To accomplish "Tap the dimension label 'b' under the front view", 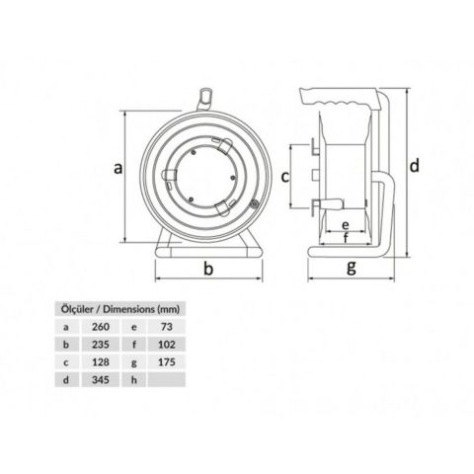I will pyautogui.click(x=208, y=269).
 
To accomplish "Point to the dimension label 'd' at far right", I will pyautogui.click(x=416, y=164).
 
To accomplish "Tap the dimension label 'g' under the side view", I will pyautogui.click(x=353, y=268).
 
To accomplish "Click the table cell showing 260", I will pyautogui.click(x=101, y=325).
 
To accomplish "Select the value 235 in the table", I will pyautogui.click(x=101, y=345).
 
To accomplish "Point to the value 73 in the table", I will pyautogui.click(x=166, y=325).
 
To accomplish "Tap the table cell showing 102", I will pyautogui.click(x=166, y=345).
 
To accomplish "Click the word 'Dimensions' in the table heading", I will pyautogui.click(x=132, y=306).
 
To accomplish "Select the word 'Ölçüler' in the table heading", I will pyautogui.click(x=75, y=306).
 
